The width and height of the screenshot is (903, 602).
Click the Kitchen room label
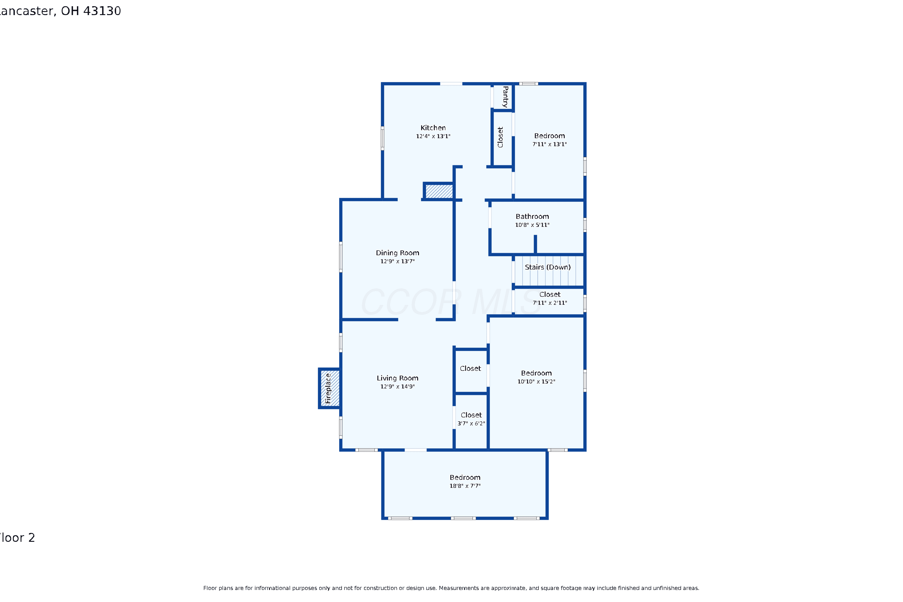pyautogui.click(x=433, y=128)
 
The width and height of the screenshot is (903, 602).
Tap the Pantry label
pyautogui.click(x=505, y=97)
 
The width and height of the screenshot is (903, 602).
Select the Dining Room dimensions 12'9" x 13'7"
pyautogui.click(x=397, y=262)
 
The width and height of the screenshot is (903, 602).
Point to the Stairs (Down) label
pyautogui.click(x=548, y=267)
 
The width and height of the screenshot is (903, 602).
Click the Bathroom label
pyautogui.click(x=532, y=216)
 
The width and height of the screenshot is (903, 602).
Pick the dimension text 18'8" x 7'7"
pyautogui.click(x=465, y=486)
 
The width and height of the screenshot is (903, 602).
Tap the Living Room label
pyautogui.click(x=397, y=378)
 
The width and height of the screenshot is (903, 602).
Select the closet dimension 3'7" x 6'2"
pyautogui.click(x=471, y=424)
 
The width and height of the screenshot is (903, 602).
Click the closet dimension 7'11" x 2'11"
pyautogui.click(x=550, y=303)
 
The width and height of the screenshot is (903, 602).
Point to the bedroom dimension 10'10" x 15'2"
pyautogui.click(x=536, y=382)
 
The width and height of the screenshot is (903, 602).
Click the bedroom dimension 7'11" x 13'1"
pyautogui.click(x=549, y=144)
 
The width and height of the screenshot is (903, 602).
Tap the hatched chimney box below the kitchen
pyautogui.click(x=439, y=191)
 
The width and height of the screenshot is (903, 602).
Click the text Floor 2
pyautogui.click(x=17, y=538)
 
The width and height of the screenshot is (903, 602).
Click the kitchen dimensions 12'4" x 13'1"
pyautogui.click(x=433, y=136)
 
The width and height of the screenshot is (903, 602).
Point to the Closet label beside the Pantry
pyautogui.click(x=500, y=137)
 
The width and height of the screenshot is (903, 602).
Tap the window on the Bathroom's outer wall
pyautogui.click(x=585, y=225)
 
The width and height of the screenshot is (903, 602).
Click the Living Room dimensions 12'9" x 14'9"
pyautogui.click(x=397, y=386)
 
